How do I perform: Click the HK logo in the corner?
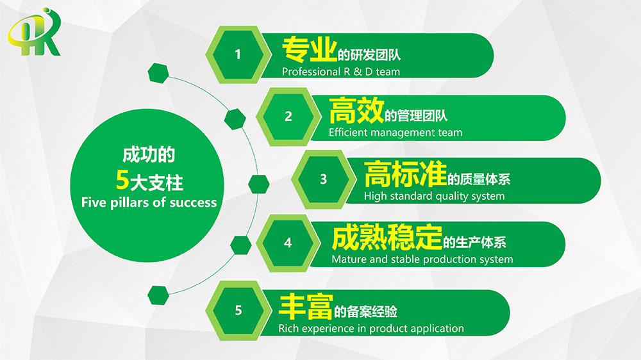pyautogui.click(x=35, y=32)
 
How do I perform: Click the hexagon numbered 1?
pyautogui.click(x=238, y=54)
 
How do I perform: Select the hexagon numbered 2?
pyautogui.click(x=288, y=117)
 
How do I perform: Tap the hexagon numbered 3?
pyautogui.click(x=324, y=179)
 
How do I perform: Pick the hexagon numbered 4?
pyautogui.click(x=288, y=243)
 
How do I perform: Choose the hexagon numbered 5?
pyautogui.click(x=238, y=311)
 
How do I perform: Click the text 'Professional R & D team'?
pyautogui.click(x=341, y=72)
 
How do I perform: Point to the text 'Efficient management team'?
pyautogui.click(x=395, y=133)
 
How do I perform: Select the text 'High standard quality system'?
pyautogui.click(x=434, y=196)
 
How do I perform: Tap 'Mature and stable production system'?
pyautogui.click(x=422, y=259)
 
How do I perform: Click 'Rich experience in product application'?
pyautogui.click(x=371, y=329)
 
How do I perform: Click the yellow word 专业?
pyautogui.click(x=310, y=49)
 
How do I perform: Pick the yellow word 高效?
pyautogui.click(x=356, y=110)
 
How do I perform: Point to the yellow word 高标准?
pyautogui.click(x=405, y=174)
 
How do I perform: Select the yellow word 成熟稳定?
pyautogui.click(x=387, y=237)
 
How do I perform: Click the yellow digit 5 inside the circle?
pyautogui.click(x=122, y=180)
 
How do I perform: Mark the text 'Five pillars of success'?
pyautogui.click(x=149, y=202)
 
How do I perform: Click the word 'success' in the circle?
pyautogui.click(x=193, y=203)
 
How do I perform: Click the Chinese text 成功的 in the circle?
pyautogui.click(x=149, y=155)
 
